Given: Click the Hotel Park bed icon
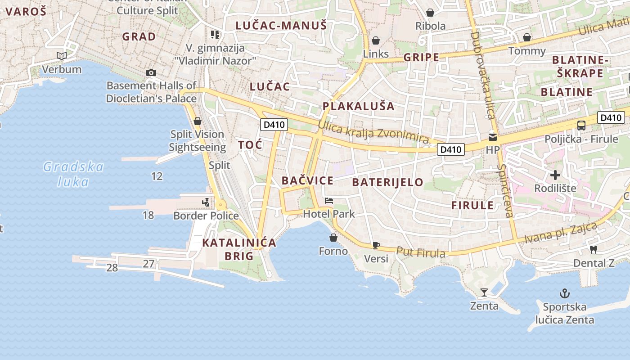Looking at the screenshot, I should click(x=329, y=200).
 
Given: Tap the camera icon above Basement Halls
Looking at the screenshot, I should click(x=151, y=72).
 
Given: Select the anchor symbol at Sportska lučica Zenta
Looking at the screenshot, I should click(x=564, y=294).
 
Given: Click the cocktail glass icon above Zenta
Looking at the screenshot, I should click(x=484, y=292).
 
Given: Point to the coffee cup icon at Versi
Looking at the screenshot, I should click(x=376, y=245).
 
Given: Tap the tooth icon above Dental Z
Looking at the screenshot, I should click(x=593, y=249).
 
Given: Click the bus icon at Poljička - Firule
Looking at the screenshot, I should click(x=581, y=126).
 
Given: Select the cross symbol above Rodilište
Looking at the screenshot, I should click(x=555, y=175).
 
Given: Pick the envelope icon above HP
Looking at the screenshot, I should click(x=493, y=137).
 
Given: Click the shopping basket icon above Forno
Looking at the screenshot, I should click(x=333, y=238).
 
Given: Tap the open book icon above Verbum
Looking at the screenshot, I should click(x=62, y=56).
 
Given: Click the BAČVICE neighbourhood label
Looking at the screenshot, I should click(x=307, y=181).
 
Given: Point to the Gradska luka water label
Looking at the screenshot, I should click(x=73, y=174).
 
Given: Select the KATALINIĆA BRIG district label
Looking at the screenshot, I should click(x=239, y=249).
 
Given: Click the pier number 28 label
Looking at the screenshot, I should click(x=112, y=268).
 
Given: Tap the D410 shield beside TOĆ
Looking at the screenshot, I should click(x=274, y=125).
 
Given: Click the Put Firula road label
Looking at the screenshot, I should click(x=421, y=252).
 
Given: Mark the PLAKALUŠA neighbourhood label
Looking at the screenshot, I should click(x=358, y=106).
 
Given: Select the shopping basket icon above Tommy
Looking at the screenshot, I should click(x=526, y=37).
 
